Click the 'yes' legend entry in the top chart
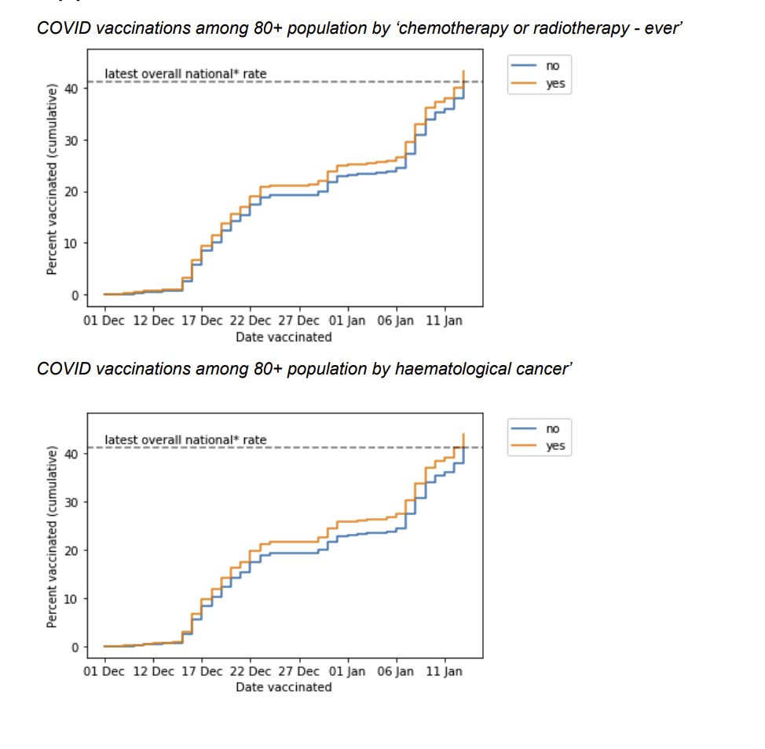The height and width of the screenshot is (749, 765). click(555, 84)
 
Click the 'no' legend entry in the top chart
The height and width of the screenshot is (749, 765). click(553, 67)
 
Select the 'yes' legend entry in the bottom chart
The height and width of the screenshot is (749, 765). click(555, 447)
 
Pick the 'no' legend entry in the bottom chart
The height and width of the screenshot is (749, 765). click(553, 429)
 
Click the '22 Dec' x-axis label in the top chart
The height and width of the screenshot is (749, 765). click(251, 321)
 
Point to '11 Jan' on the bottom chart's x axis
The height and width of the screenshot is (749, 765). click(445, 672)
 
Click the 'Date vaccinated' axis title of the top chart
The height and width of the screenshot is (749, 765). click(284, 337)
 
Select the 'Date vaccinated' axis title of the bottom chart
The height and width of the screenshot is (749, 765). click(284, 687)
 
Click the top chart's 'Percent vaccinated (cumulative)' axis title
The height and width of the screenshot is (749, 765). click(52, 181)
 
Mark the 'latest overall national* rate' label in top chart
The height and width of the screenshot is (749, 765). click(185, 74)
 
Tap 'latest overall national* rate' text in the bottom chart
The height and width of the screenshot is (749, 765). click(185, 440)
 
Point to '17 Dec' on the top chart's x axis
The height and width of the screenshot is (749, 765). click(201, 321)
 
